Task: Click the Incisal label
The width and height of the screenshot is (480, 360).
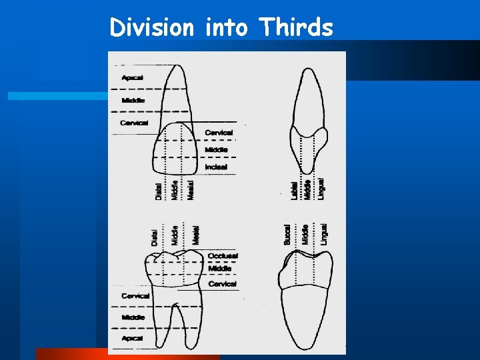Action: pos(216,167)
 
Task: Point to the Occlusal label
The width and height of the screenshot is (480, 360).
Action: pos(222,256)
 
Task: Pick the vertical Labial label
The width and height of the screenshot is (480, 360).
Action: pos(295,189)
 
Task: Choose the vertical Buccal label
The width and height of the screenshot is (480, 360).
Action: pos(288,234)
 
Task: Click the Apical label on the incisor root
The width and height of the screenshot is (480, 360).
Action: pos(132,77)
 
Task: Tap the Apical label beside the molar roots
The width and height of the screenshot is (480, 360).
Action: pos(133,338)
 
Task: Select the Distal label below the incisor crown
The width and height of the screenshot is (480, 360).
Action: pos(158,191)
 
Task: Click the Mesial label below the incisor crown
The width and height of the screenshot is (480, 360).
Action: pos(191,189)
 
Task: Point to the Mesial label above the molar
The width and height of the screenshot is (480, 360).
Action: pos(195,235)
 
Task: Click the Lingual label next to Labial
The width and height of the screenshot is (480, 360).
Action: pos(321,187)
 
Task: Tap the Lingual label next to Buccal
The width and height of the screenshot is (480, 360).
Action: pos(323,234)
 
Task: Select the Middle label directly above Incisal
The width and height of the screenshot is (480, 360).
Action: pos(216,150)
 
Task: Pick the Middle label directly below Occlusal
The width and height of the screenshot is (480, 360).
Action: pos(219,269)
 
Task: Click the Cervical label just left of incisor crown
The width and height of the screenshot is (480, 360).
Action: pos(134,123)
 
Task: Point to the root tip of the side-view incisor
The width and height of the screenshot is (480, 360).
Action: pos(307,69)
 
